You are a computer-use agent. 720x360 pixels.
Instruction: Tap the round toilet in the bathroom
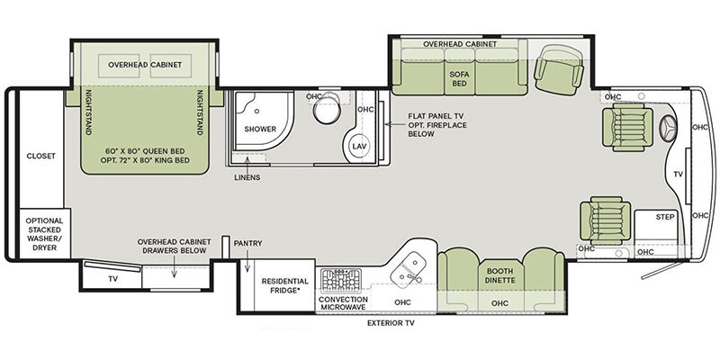328,108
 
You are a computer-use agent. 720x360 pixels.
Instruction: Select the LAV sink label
358,146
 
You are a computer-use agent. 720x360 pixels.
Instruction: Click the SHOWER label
260,129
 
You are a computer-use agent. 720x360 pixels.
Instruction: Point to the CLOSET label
40,156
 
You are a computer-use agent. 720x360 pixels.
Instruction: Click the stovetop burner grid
341,281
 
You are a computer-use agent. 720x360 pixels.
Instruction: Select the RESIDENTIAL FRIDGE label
285,285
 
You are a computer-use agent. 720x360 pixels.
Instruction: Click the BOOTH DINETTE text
499,275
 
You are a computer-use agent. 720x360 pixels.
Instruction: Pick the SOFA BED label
459,78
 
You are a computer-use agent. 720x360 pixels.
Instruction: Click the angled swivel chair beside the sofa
559,69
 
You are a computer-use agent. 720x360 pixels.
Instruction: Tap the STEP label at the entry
665,217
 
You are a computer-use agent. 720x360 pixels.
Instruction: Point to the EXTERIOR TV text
391,323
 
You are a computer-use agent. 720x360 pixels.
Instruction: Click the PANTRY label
248,243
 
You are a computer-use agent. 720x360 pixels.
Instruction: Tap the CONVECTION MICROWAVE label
343,303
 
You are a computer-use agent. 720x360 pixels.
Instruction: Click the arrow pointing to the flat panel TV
394,124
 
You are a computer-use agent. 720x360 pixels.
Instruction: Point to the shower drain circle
257,111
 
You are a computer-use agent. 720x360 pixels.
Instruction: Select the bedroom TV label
113,279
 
